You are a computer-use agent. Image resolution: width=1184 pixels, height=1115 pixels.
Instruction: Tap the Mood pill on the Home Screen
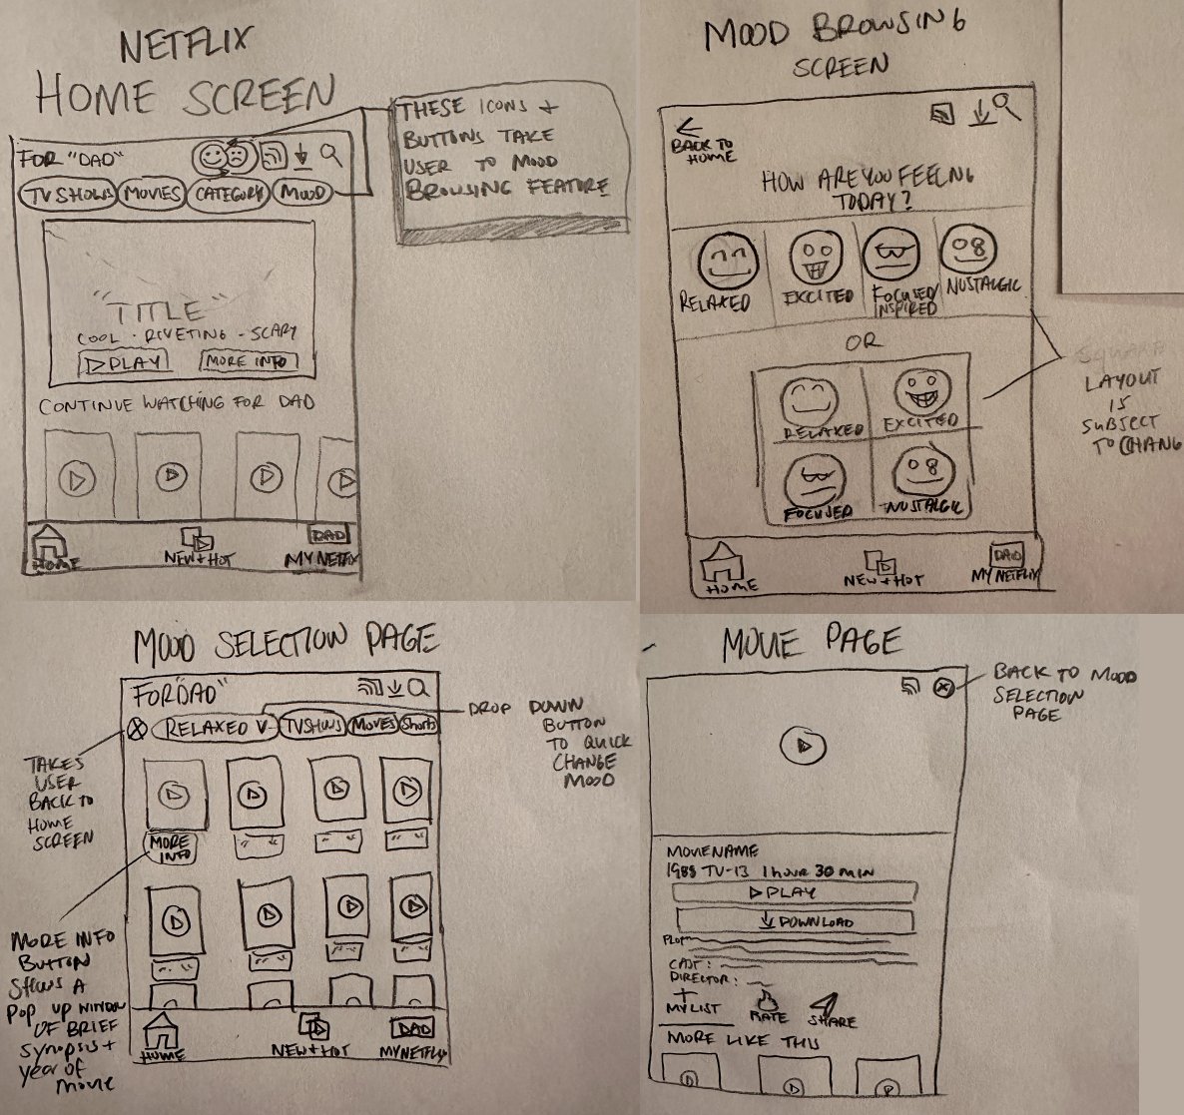click(303, 193)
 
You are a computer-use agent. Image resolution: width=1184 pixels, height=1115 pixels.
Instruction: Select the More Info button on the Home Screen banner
click(248, 361)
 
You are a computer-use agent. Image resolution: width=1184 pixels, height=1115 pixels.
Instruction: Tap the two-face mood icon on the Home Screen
click(222, 156)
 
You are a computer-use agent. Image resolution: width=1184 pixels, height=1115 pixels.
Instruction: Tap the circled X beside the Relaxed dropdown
click(137, 730)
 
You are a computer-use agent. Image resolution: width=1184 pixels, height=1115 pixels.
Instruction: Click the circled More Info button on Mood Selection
click(171, 848)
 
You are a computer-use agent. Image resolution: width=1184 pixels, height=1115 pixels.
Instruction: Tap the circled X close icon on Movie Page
click(943, 687)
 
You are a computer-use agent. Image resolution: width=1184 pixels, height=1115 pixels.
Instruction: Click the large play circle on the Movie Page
click(809, 746)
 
